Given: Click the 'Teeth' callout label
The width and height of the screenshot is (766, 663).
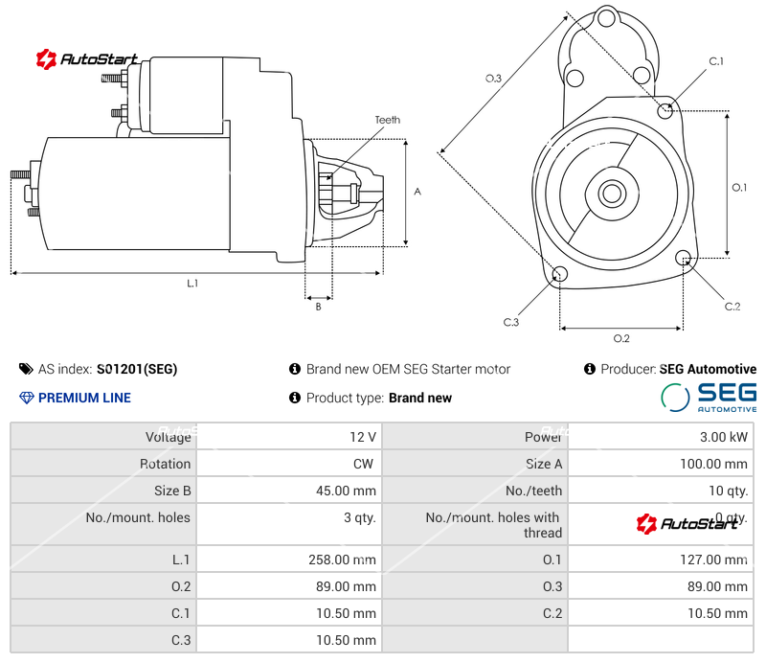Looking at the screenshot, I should click(x=387, y=120).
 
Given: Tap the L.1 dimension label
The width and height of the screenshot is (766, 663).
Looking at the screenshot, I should click(x=192, y=283).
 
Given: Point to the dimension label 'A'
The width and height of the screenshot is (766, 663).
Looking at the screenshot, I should click(x=417, y=192).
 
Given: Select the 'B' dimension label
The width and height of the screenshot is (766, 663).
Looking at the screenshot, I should click(x=318, y=307).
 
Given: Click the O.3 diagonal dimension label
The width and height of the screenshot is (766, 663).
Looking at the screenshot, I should click(x=493, y=79).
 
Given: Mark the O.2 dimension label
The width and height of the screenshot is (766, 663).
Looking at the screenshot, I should click(x=620, y=338).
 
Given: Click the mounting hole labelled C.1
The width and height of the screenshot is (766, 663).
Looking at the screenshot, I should click(x=666, y=110).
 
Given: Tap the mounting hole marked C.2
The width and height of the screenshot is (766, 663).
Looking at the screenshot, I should click(x=684, y=258).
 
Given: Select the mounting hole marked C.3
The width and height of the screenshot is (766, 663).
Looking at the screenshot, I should click(x=560, y=276).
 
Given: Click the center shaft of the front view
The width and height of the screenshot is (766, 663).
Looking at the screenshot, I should click(x=611, y=194).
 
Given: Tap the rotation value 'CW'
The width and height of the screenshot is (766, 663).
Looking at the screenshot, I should click(x=365, y=464).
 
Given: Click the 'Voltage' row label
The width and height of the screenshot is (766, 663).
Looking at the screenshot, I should click(x=168, y=437).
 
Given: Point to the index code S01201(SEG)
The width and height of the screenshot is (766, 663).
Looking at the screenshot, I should click(x=137, y=369).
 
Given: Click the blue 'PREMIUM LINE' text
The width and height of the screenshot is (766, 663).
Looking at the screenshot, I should click(x=84, y=398).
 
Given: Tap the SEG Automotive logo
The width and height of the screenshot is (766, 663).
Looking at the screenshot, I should click(x=709, y=397).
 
